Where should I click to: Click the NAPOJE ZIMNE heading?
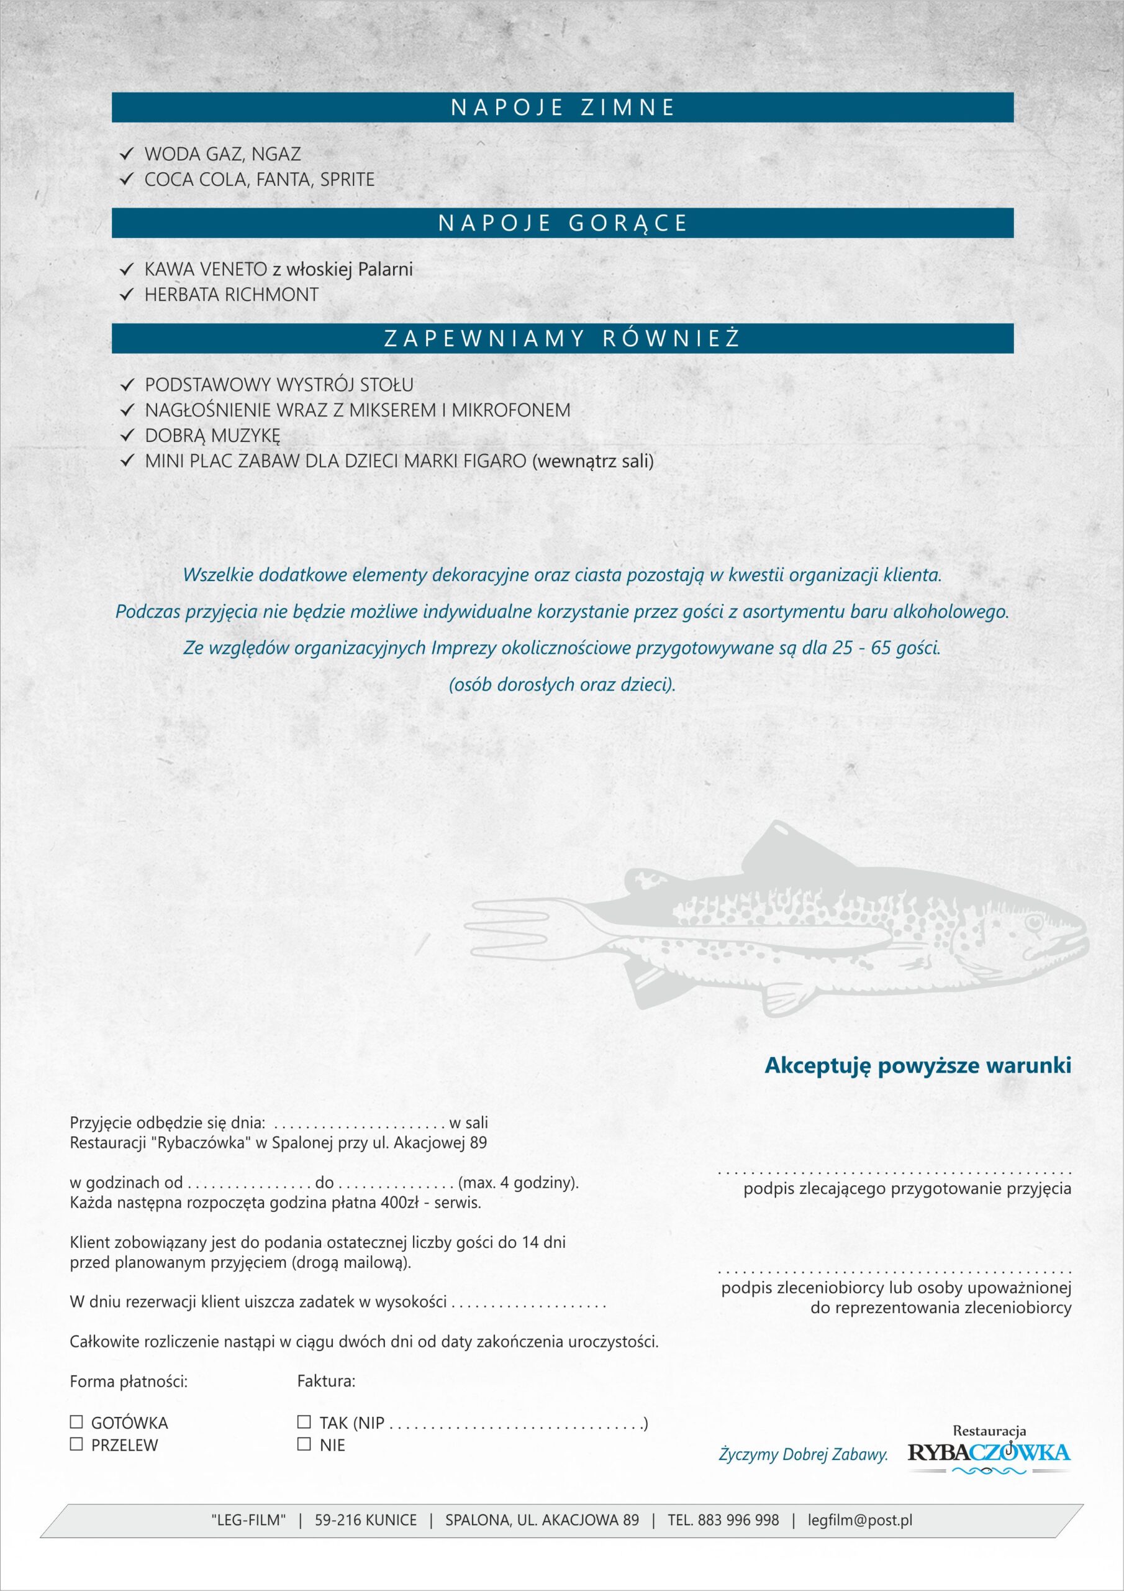click(x=563, y=108)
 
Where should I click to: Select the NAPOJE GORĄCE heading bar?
click(x=563, y=223)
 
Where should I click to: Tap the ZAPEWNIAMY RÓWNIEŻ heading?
click(x=563, y=339)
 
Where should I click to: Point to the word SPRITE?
click(x=347, y=180)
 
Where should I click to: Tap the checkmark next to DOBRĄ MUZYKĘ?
click(x=126, y=435)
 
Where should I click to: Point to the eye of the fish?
click(x=1033, y=922)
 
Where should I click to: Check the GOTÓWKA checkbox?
click(x=76, y=1422)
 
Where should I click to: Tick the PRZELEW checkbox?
click(x=76, y=1444)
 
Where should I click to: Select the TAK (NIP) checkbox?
click(x=303, y=1422)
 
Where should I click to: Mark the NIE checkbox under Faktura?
click(x=303, y=1444)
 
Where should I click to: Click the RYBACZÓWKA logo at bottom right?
click(x=989, y=1452)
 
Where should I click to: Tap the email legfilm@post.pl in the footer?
click(x=859, y=1520)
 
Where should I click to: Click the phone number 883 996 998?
click(x=738, y=1520)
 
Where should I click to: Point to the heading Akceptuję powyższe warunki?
click(x=918, y=1065)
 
